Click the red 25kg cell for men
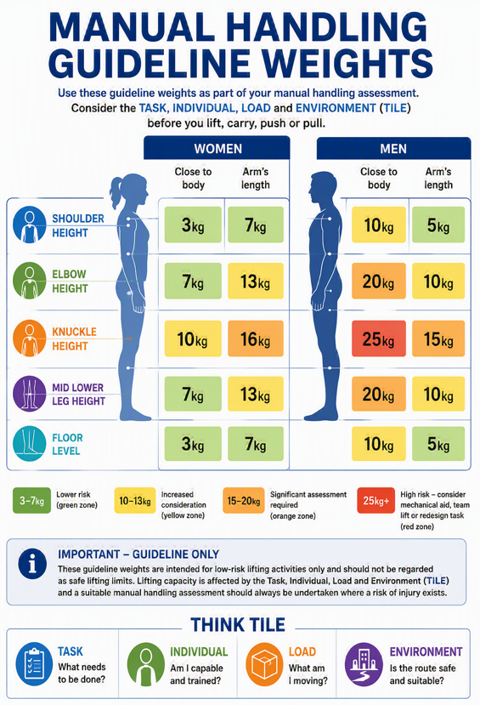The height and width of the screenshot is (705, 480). pyautogui.click(x=379, y=338)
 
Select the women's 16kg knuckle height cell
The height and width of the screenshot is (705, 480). pyautogui.click(x=256, y=338)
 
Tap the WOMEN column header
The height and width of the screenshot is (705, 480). pyautogui.click(x=217, y=148)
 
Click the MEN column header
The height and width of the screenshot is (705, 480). pyautogui.click(x=393, y=148)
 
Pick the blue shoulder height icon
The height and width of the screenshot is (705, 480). pyautogui.click(x=30, y=225)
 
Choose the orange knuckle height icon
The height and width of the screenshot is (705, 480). pyautogui.click(x=30, y=338)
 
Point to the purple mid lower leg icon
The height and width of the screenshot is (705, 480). pyautogui.click(x=30, y=394)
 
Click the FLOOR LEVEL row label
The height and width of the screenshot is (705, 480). pyautogui.click(x=67, y=444)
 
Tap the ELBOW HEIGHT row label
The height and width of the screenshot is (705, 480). pyautogui.click(x=69, y=281)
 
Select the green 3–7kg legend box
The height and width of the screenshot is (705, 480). pyautogui.click(x=31, y=500)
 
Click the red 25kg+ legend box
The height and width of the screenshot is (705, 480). pyautogui.click(x=376, y=500)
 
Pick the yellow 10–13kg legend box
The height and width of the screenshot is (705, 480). pyautogui.click(x=135, y=500)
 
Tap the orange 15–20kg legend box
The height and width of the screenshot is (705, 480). pyautogui.click(x=243, y=500)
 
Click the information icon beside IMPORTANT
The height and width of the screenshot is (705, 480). pyautogui.click(x=32, y=564)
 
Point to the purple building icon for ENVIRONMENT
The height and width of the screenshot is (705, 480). pyautogui.click(x=364, y=664)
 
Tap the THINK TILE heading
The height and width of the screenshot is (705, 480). pyautogui.click(x=238, y=625)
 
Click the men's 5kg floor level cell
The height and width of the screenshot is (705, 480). pyautogui.click(x=438, y=444)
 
